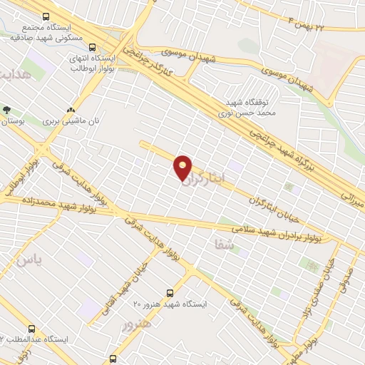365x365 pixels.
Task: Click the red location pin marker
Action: pyautogui.click(x=183, y=167)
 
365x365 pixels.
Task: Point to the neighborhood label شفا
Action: pyautogui.click(x=223, y=244)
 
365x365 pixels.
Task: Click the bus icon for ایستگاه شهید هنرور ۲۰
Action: pyautogui.click(x=170, y=292)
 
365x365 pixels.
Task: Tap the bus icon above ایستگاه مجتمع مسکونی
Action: pyautogui.click(x=46, y=16)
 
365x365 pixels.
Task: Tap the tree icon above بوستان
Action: pyautogui.click(x=7, y=110)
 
